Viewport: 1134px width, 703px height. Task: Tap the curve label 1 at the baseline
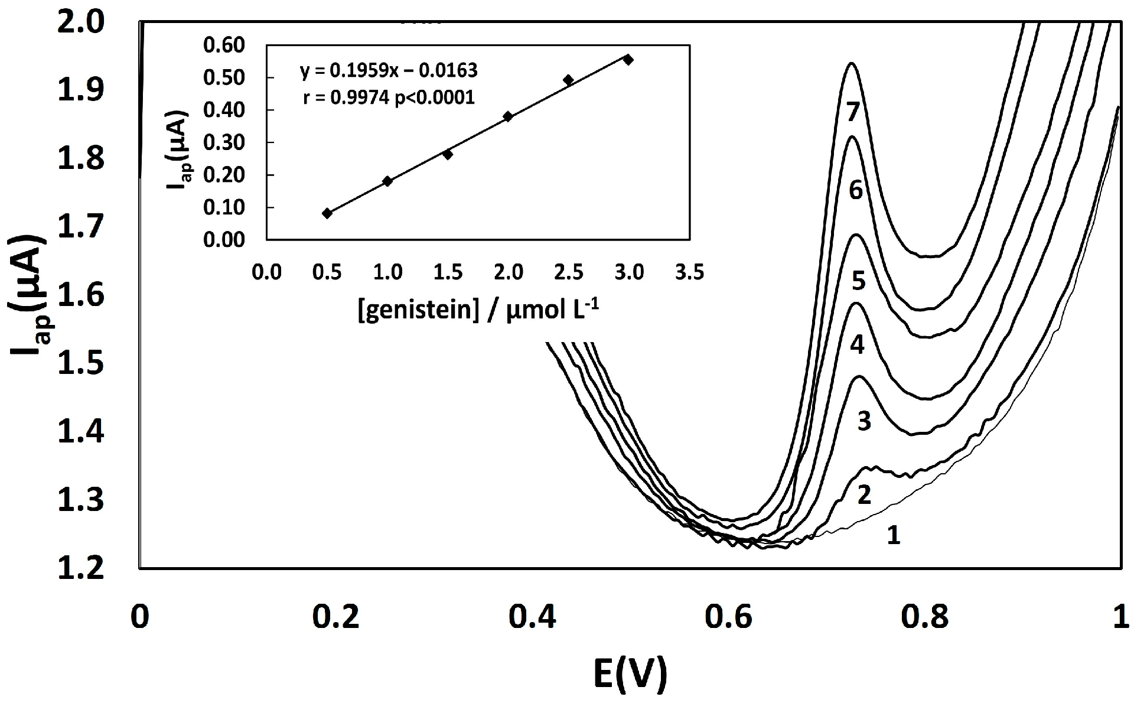click(x=894, y=535)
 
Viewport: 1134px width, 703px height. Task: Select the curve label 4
click(x=857, y=344)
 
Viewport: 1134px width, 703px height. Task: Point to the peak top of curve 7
click(x=851, y=63)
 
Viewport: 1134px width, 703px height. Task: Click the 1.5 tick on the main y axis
click(x=80, y=362)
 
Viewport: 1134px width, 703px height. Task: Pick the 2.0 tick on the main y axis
click(x=80, y=22)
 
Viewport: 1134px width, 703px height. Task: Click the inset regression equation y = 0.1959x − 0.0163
click(x=388, y=71)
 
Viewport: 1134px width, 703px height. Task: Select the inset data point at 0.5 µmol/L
click(x=327, y=213)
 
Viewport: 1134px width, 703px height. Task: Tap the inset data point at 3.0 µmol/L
click(x=628, y=59)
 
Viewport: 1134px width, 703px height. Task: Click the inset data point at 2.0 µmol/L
click(x=508, y=116)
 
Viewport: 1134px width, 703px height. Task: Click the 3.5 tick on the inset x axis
click(x=689, y=272)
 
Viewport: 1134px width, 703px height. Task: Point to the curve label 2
click(x=863, y=495)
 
